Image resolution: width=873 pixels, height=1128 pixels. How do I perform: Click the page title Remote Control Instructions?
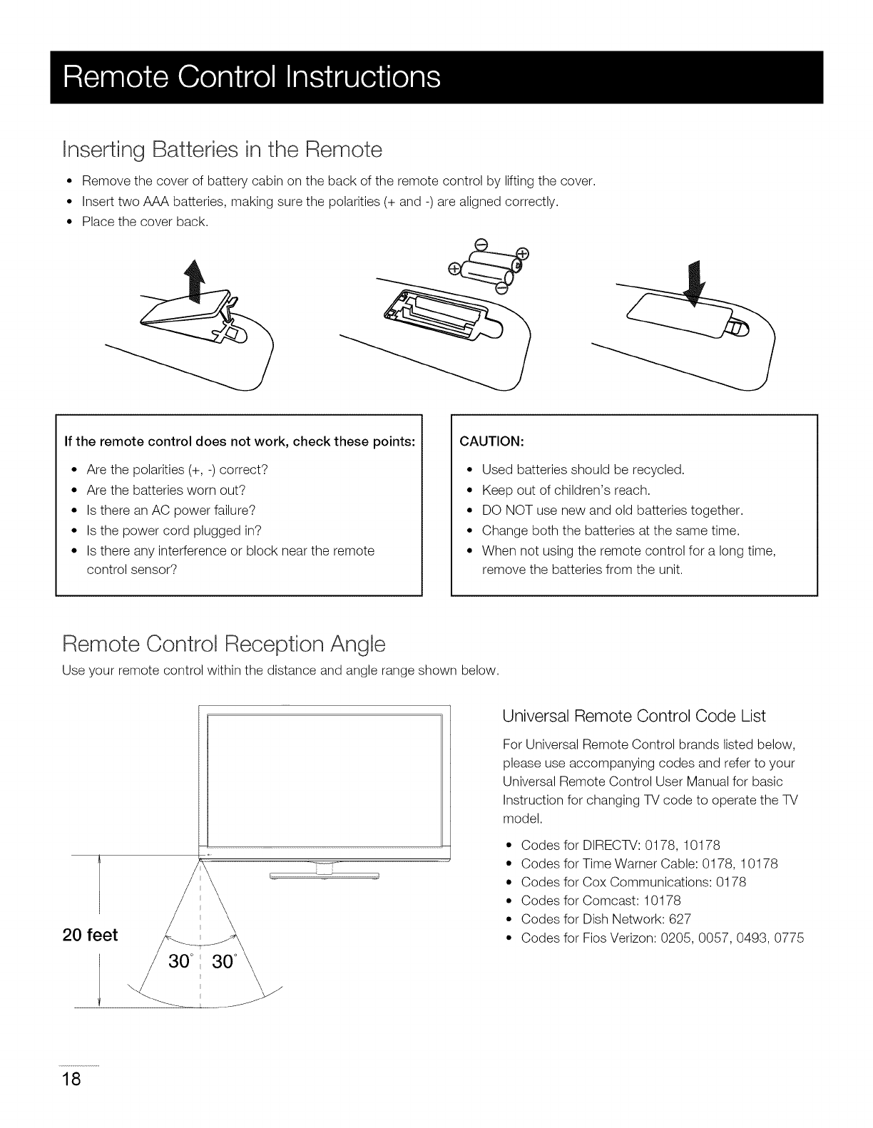click(x=251, y=77)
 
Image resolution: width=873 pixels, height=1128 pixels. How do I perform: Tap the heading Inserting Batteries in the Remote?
click(x=223, y=150)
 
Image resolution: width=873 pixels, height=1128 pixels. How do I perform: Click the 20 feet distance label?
click(x=91, y=935)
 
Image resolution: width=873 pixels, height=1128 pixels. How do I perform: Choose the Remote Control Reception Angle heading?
click(x=224, y=645)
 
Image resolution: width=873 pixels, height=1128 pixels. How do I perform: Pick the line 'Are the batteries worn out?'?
click(x=165, y=490)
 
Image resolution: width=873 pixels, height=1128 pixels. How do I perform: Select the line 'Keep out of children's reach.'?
click(x=566, y=490)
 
